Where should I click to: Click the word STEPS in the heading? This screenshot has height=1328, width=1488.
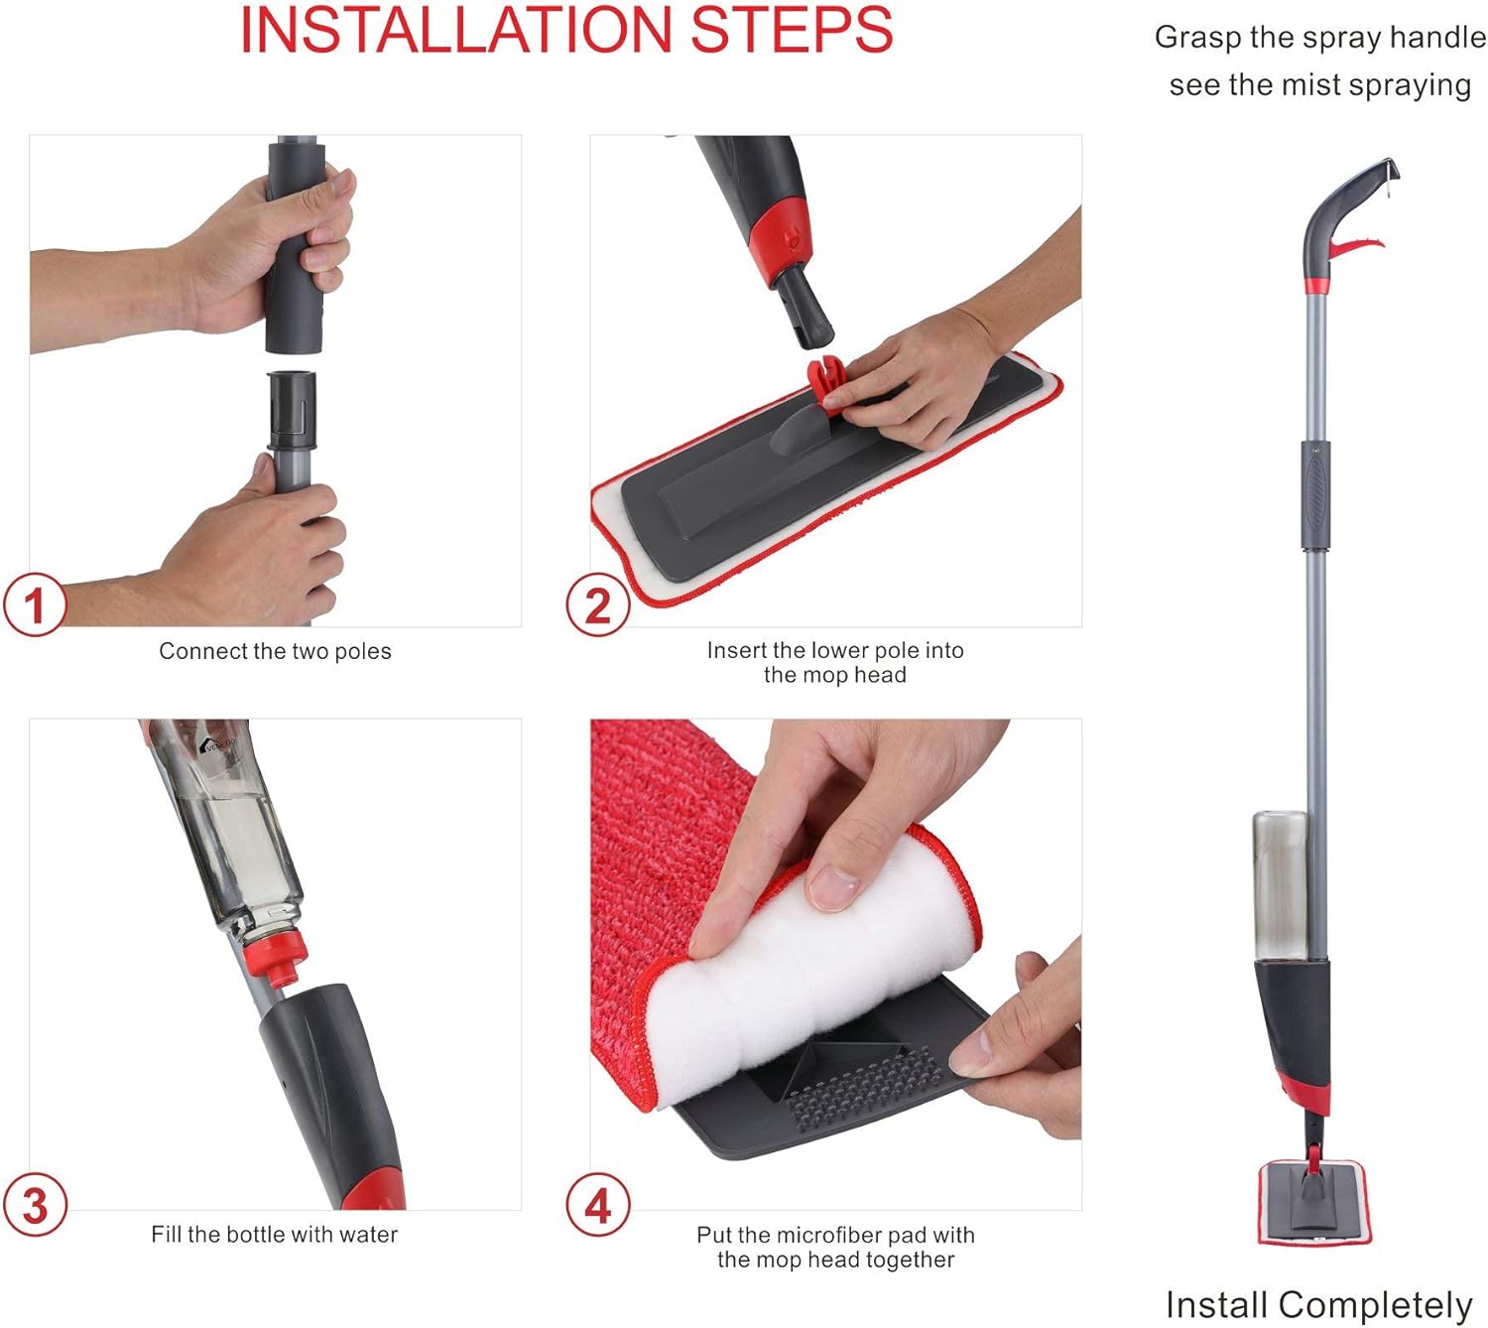[x=792, y=30]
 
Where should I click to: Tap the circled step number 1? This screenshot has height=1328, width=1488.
[x=35, y=605]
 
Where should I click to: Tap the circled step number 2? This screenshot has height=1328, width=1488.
[x=597, y=605]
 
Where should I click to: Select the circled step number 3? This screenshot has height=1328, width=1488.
[x=35, y=1206]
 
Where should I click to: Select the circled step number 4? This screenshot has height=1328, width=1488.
[x=597, y=1206]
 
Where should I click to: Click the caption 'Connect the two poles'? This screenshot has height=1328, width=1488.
[x=275, y=651]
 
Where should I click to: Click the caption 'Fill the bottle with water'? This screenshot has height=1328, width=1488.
[x=274, y=1235]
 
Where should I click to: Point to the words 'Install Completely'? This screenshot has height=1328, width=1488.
[x=1318, y=1304]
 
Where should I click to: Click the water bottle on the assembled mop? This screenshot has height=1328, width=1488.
[x=1280, y=883]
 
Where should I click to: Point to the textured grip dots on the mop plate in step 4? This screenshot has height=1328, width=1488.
[x=863, y=1077]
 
